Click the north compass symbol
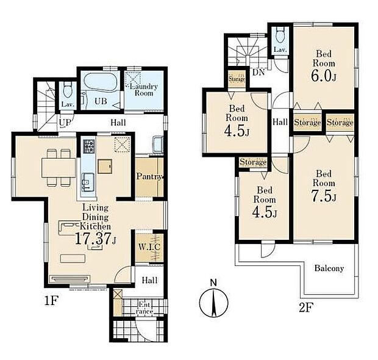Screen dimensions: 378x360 coord(214,301)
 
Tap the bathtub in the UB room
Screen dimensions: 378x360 coord(100,82)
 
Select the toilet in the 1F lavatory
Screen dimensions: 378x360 coord(67,90)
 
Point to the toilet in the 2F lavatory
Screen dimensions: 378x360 coord(280,34)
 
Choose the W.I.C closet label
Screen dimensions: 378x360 coord(149,247)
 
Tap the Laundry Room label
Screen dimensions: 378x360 coord(144,90)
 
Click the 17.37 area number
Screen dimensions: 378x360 coord(93,239)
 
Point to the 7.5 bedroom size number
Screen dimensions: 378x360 coord(321,196)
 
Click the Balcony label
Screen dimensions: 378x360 coord(329,268)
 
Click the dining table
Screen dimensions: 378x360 coord(59,168)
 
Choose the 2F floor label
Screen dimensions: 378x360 coord(305,308)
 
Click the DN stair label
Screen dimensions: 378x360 coord(259,72)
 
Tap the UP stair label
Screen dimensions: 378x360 coord(65,123)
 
